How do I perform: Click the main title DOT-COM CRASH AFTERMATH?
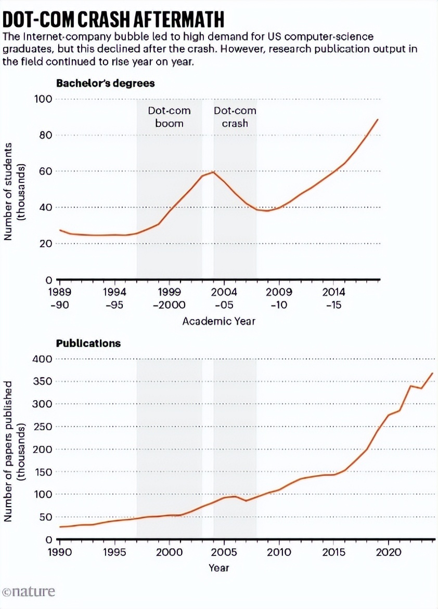[x=113, y=19]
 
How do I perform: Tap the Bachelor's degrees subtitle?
[x=105, y=83]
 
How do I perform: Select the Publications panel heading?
[x=88, y=343]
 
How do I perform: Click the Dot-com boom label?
[x=169, y=117]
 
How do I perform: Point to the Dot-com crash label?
[x=235, y=117]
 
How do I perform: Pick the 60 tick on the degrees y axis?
[x=44, y=171]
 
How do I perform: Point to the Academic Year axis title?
[x=218, y=322]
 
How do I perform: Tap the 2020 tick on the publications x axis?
[x=388, y=551]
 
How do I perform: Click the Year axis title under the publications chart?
[x=218, y=568]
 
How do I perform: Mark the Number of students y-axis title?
[x=15, y=192]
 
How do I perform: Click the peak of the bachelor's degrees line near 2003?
[x=213, y=172]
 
